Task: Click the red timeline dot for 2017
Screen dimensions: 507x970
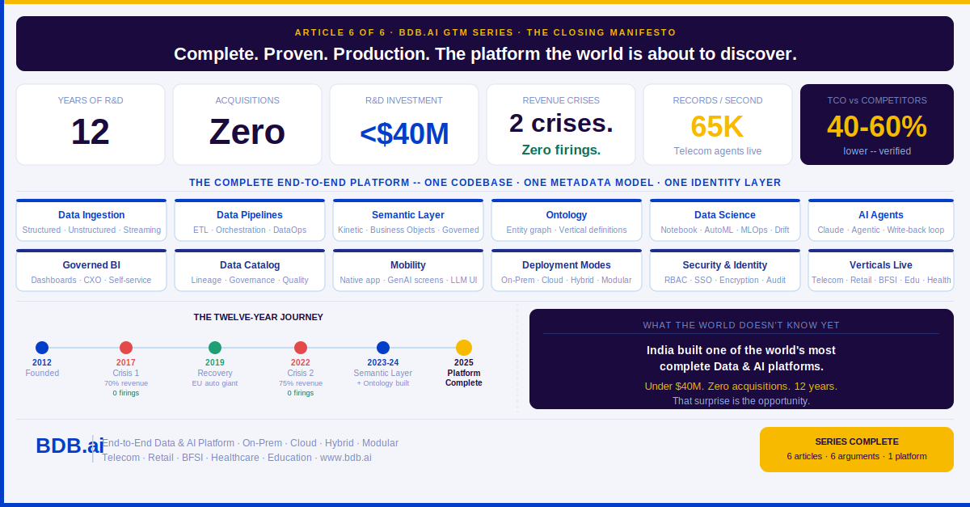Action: pyautogui.click(x=126, y=348)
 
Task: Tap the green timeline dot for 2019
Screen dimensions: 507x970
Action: pyautogui.click(x=215, y=348)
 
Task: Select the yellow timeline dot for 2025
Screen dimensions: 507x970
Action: pyautogui.click(x=464, y=348)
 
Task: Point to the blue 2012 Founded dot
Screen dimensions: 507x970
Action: pyautogui.click(x=42, y=348)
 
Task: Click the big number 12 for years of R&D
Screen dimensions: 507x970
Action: pyautogui.click(x=91, y=132)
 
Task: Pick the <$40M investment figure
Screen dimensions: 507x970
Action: pyautogui.click(x=404, y=133)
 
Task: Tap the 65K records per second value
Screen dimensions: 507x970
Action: pyautogui.click(x=717, y=127)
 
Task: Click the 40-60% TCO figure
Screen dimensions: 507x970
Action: pyautogui.click(x=876, y=127)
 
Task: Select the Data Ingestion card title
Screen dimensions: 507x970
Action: pyautogui.click(x=91, y=215)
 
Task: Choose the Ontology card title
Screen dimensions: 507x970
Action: pyautogui.click(x=567, y=215)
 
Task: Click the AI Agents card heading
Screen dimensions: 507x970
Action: pyautogui.click(x=881, y=215)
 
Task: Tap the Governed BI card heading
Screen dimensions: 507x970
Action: pyautogui.click(x=91, y=265)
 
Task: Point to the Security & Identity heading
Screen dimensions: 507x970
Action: pyautogui.click(x=725, y=265)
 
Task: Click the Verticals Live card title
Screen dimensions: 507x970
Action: pyautogui.click(x=881, y=265)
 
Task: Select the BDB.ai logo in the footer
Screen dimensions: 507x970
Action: pyautogui.click(x=70, y=446)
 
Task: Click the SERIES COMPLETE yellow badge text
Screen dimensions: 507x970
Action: pyautogui.click(x=857, y=442)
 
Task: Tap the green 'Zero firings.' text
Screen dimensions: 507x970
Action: pyautogui.click(x=561, y=150)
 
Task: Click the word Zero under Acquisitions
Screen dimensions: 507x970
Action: pyautogui.click(x=247, y=132)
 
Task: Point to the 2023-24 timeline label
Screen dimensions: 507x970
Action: pyautogui.click(x=383, y=363)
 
